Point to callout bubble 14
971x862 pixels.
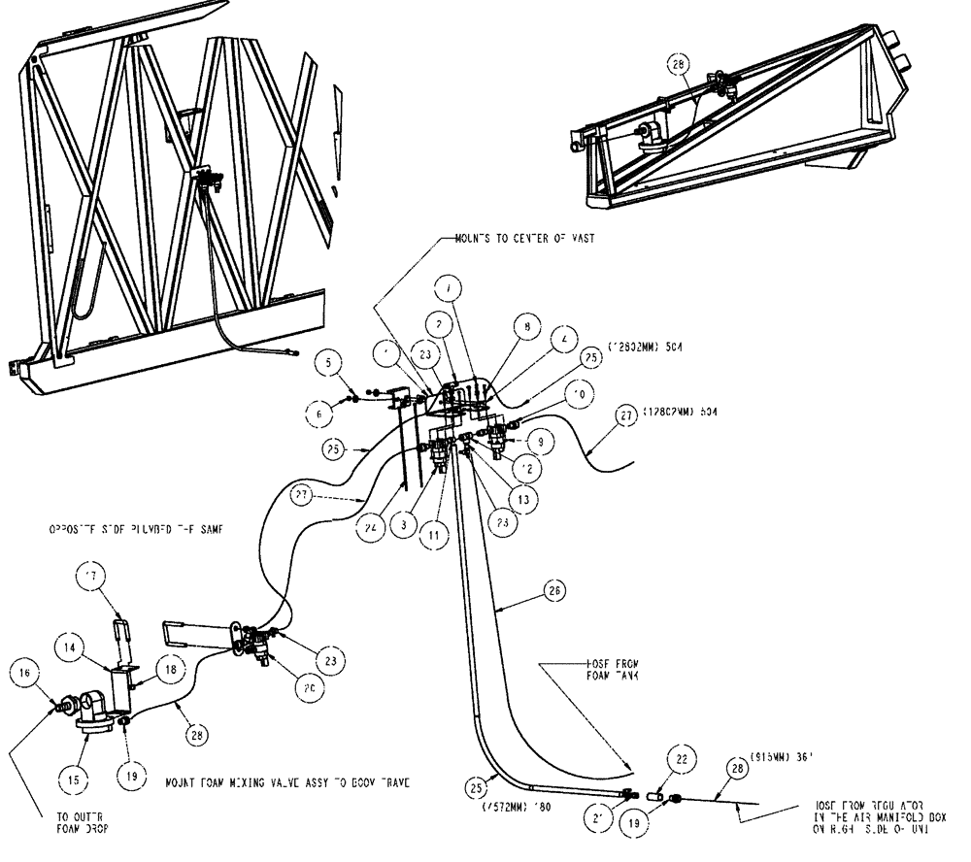[74, 642]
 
